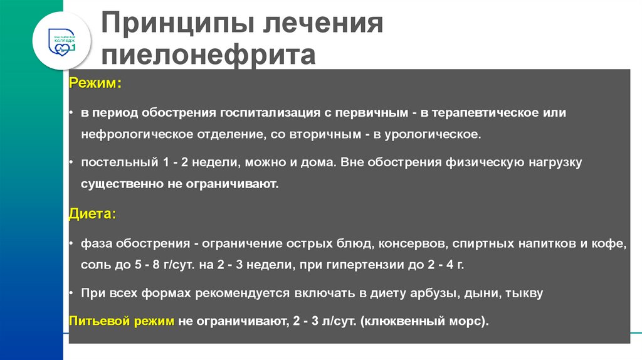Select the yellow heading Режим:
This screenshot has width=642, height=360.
point(95,83)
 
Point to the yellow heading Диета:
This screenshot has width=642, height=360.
point(92,214)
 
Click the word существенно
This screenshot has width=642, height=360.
point(119,184)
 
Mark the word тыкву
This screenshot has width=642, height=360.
point(524,293)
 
